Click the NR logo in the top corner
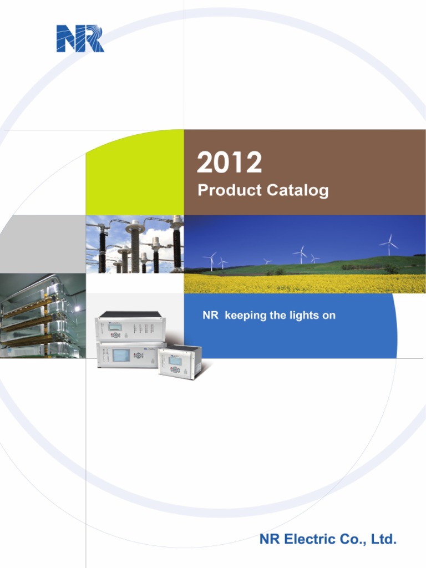(x=80, y=39)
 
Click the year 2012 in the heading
(x=230, y=163)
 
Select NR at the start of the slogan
(x=209, y=316)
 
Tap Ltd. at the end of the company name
(x=384, y=539)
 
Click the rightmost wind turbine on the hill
(x=389, y=244)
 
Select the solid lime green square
(x=135, y=173)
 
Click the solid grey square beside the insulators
(x=43, y=244)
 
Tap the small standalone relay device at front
(x=180, y=363)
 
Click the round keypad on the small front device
(x=175, y=369)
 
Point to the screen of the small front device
(x=175, y=361)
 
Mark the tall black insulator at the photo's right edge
(x=177, y=244)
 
